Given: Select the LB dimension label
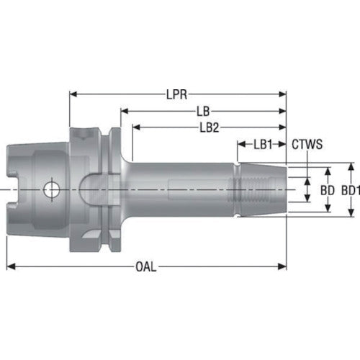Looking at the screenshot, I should pos(204,111).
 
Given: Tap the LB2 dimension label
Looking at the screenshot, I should pos(210,127).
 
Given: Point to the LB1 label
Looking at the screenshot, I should pos(262,144).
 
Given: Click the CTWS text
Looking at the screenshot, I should pos(307,144).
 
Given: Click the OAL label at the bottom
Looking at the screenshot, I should pos(147,266).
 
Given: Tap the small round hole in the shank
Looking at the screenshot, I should pos(51,190).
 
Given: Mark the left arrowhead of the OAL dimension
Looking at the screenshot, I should pos(10,266).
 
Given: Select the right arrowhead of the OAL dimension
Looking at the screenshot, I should pos(283,266).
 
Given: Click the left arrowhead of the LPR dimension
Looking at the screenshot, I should pos(73,94).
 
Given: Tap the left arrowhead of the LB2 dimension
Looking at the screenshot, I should pos(135,127).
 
